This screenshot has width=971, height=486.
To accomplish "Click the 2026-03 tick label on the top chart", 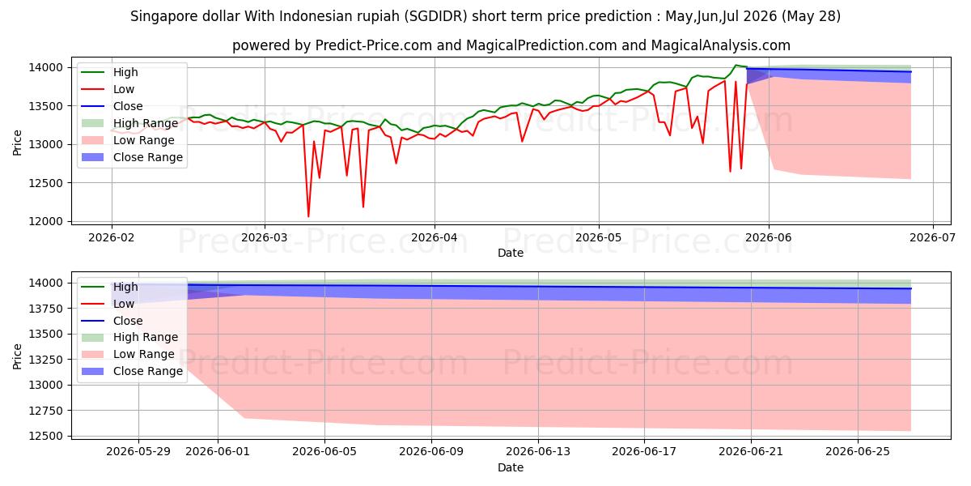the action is coord(265,238).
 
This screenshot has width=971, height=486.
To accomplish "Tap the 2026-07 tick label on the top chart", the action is coord(932,238).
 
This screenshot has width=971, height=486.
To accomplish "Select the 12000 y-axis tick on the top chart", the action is coord(45,221).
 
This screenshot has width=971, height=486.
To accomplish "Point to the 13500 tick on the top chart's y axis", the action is coord(45,106).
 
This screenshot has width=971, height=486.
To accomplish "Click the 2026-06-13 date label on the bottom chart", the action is coord(538,452).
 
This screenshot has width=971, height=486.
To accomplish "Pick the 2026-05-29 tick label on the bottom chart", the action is coord(138,452).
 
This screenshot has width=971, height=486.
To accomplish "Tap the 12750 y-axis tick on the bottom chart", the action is coord(45,411).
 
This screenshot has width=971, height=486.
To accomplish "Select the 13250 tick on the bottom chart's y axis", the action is coord(45,360).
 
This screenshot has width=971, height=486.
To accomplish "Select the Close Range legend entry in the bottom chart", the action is coord(132,371).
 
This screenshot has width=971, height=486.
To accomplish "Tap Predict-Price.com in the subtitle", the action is coord(374,45).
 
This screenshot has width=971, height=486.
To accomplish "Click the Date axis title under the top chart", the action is coord(511,253).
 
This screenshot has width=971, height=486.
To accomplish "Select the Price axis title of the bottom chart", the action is coord(17,356).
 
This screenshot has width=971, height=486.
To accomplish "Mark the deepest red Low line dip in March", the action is coord(308,216).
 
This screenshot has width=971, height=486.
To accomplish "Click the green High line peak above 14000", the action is coord(736,66).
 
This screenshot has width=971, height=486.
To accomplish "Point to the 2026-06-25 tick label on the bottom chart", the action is coord(858,452).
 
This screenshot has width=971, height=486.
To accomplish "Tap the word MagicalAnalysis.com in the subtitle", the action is coord(720,45).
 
